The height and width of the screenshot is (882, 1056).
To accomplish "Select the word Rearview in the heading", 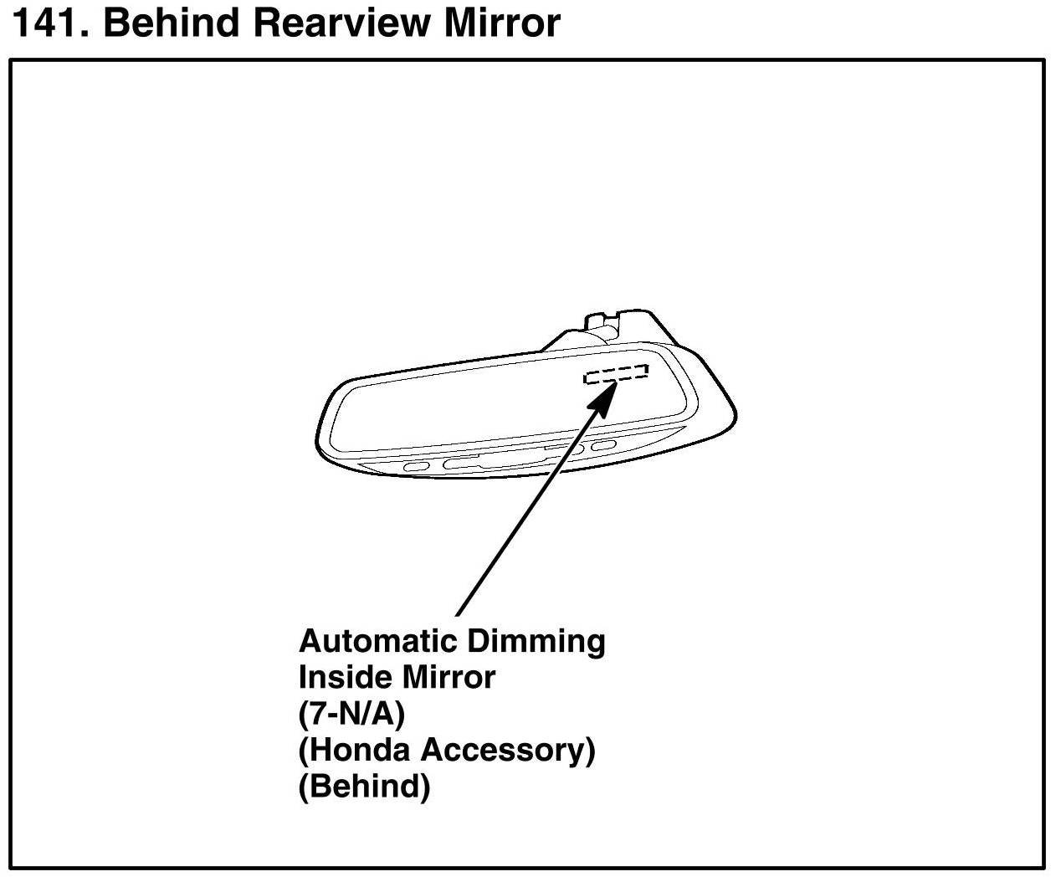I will [x=342, y=23].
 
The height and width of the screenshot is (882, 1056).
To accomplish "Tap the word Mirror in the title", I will [x=501, y=23].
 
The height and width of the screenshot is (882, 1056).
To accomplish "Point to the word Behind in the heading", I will [x=172, y=23].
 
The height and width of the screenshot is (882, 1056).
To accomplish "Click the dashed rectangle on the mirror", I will [x=616, y=374].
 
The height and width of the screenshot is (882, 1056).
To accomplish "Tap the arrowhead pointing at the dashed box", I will [x=604, y=397].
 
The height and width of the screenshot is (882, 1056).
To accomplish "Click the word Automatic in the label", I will [x=377, y=641].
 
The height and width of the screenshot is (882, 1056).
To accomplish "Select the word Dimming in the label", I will [x=536, y=641].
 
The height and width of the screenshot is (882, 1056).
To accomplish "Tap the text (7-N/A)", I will [x=351, y=714].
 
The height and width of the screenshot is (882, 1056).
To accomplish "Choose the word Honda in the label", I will [x=358, y=750].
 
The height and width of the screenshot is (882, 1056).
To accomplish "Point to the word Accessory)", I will [x=509, y=750].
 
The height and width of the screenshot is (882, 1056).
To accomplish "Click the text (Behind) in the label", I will [x=364, y=787].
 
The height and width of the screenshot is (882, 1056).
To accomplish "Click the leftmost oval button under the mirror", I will [x=417, y=466].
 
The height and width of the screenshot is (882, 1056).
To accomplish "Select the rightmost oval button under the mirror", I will [x=604, y=444].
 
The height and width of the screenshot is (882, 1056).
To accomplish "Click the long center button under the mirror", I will [x=473, y=460].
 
